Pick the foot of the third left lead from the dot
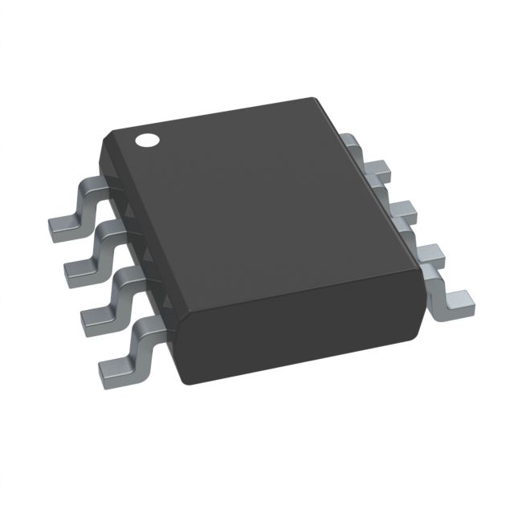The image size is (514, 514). pos(96,316)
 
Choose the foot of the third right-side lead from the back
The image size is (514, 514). pos(430,255)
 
